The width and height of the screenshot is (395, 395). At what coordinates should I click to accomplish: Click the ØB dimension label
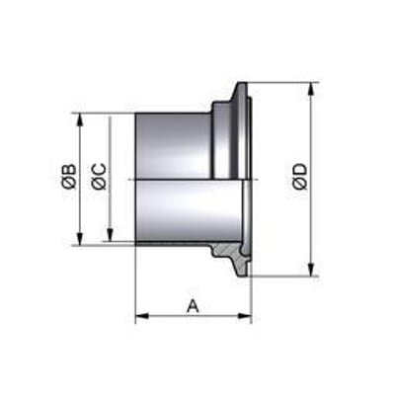70,177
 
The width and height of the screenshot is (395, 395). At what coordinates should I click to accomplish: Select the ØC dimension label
99,177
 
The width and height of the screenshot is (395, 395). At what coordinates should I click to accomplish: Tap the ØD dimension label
300,177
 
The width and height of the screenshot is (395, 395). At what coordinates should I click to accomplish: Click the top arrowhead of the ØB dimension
80,119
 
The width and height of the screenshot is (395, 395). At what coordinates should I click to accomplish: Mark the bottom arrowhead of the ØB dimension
80,238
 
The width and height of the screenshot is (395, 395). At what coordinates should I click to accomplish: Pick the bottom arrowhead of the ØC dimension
110,235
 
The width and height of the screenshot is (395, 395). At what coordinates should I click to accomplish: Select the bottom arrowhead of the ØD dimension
311,270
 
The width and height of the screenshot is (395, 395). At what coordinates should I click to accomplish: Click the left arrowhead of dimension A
142,316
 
